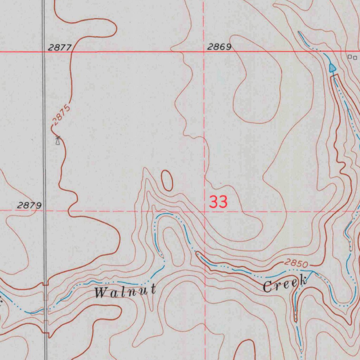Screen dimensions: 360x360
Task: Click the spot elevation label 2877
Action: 60,47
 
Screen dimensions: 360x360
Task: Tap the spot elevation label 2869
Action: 219,47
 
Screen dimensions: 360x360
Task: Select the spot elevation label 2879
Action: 30,205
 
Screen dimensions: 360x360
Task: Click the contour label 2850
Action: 296,263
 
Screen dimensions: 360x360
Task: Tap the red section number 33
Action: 218,202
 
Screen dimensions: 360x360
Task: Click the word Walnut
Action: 125,291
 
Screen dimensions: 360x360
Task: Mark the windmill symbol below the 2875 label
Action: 58,140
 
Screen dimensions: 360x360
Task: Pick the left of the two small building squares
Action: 350,57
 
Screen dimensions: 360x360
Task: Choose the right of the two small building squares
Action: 355,57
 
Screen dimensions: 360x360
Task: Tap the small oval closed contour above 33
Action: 167,180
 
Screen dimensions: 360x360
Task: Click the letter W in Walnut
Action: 100,292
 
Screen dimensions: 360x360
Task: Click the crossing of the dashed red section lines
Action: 205,211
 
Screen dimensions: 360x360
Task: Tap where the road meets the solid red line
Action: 44,52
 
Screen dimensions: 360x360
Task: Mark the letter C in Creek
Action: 269,287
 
